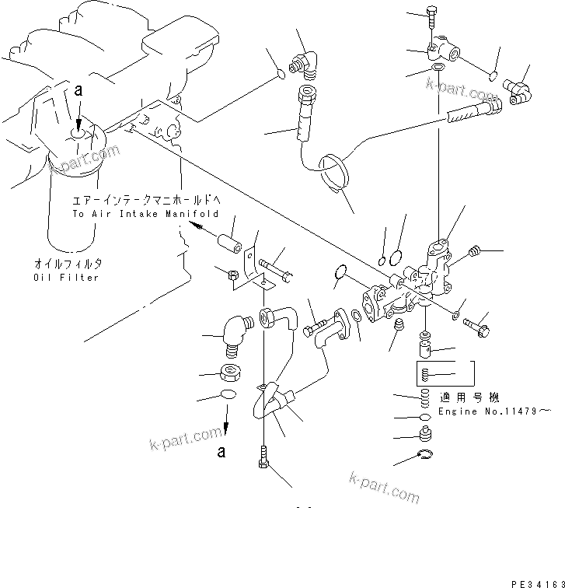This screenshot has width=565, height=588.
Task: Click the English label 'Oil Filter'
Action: [66, 278]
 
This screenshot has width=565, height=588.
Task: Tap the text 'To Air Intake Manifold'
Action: [145, 213]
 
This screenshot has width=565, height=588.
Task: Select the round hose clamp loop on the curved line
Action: [337, 170]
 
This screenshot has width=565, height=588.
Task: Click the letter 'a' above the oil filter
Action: [78, 90]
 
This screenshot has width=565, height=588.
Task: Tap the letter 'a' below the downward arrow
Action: [222, 450]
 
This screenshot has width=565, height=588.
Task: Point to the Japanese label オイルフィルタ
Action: [66, 263]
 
